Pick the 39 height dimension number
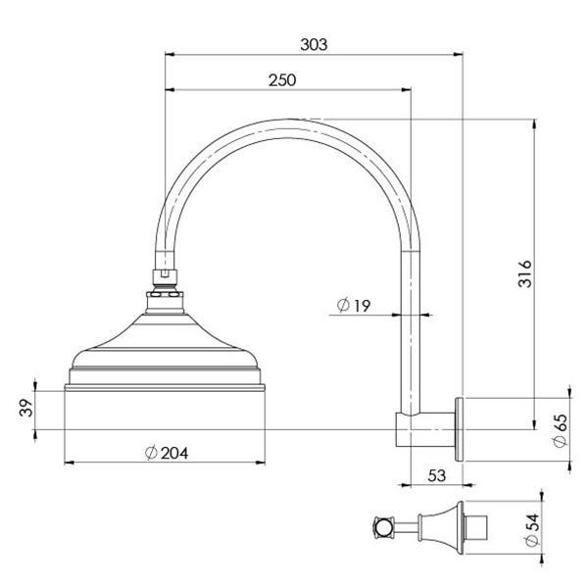26,407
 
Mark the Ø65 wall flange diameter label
560,429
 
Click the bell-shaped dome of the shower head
165,338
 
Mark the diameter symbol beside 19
343,306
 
